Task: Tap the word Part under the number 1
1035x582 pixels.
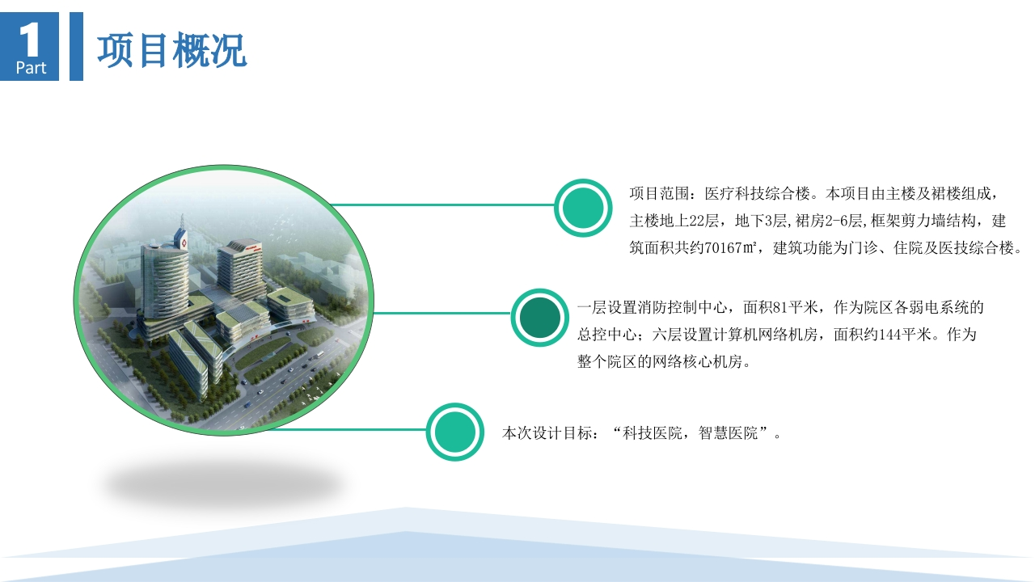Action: (x=31, y=68)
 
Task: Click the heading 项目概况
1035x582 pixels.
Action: (x=171, y=50)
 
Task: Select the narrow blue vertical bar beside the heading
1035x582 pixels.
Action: (x=76, y=46)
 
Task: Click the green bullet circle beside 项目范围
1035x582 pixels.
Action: (x=583, y=208)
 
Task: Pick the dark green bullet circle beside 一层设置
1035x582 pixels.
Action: (x=539, y=318)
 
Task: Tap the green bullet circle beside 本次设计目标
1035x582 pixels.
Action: (x=454, y=432)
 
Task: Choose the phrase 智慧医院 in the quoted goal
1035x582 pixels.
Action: (x=729, y=432)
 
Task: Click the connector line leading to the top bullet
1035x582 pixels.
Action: (x=442, y=205)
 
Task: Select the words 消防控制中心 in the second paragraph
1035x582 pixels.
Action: (x=690, y=307)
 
